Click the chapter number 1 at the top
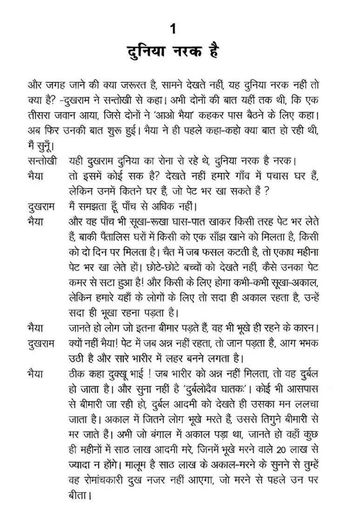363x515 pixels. pyautogui.click(x=173, y=29)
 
